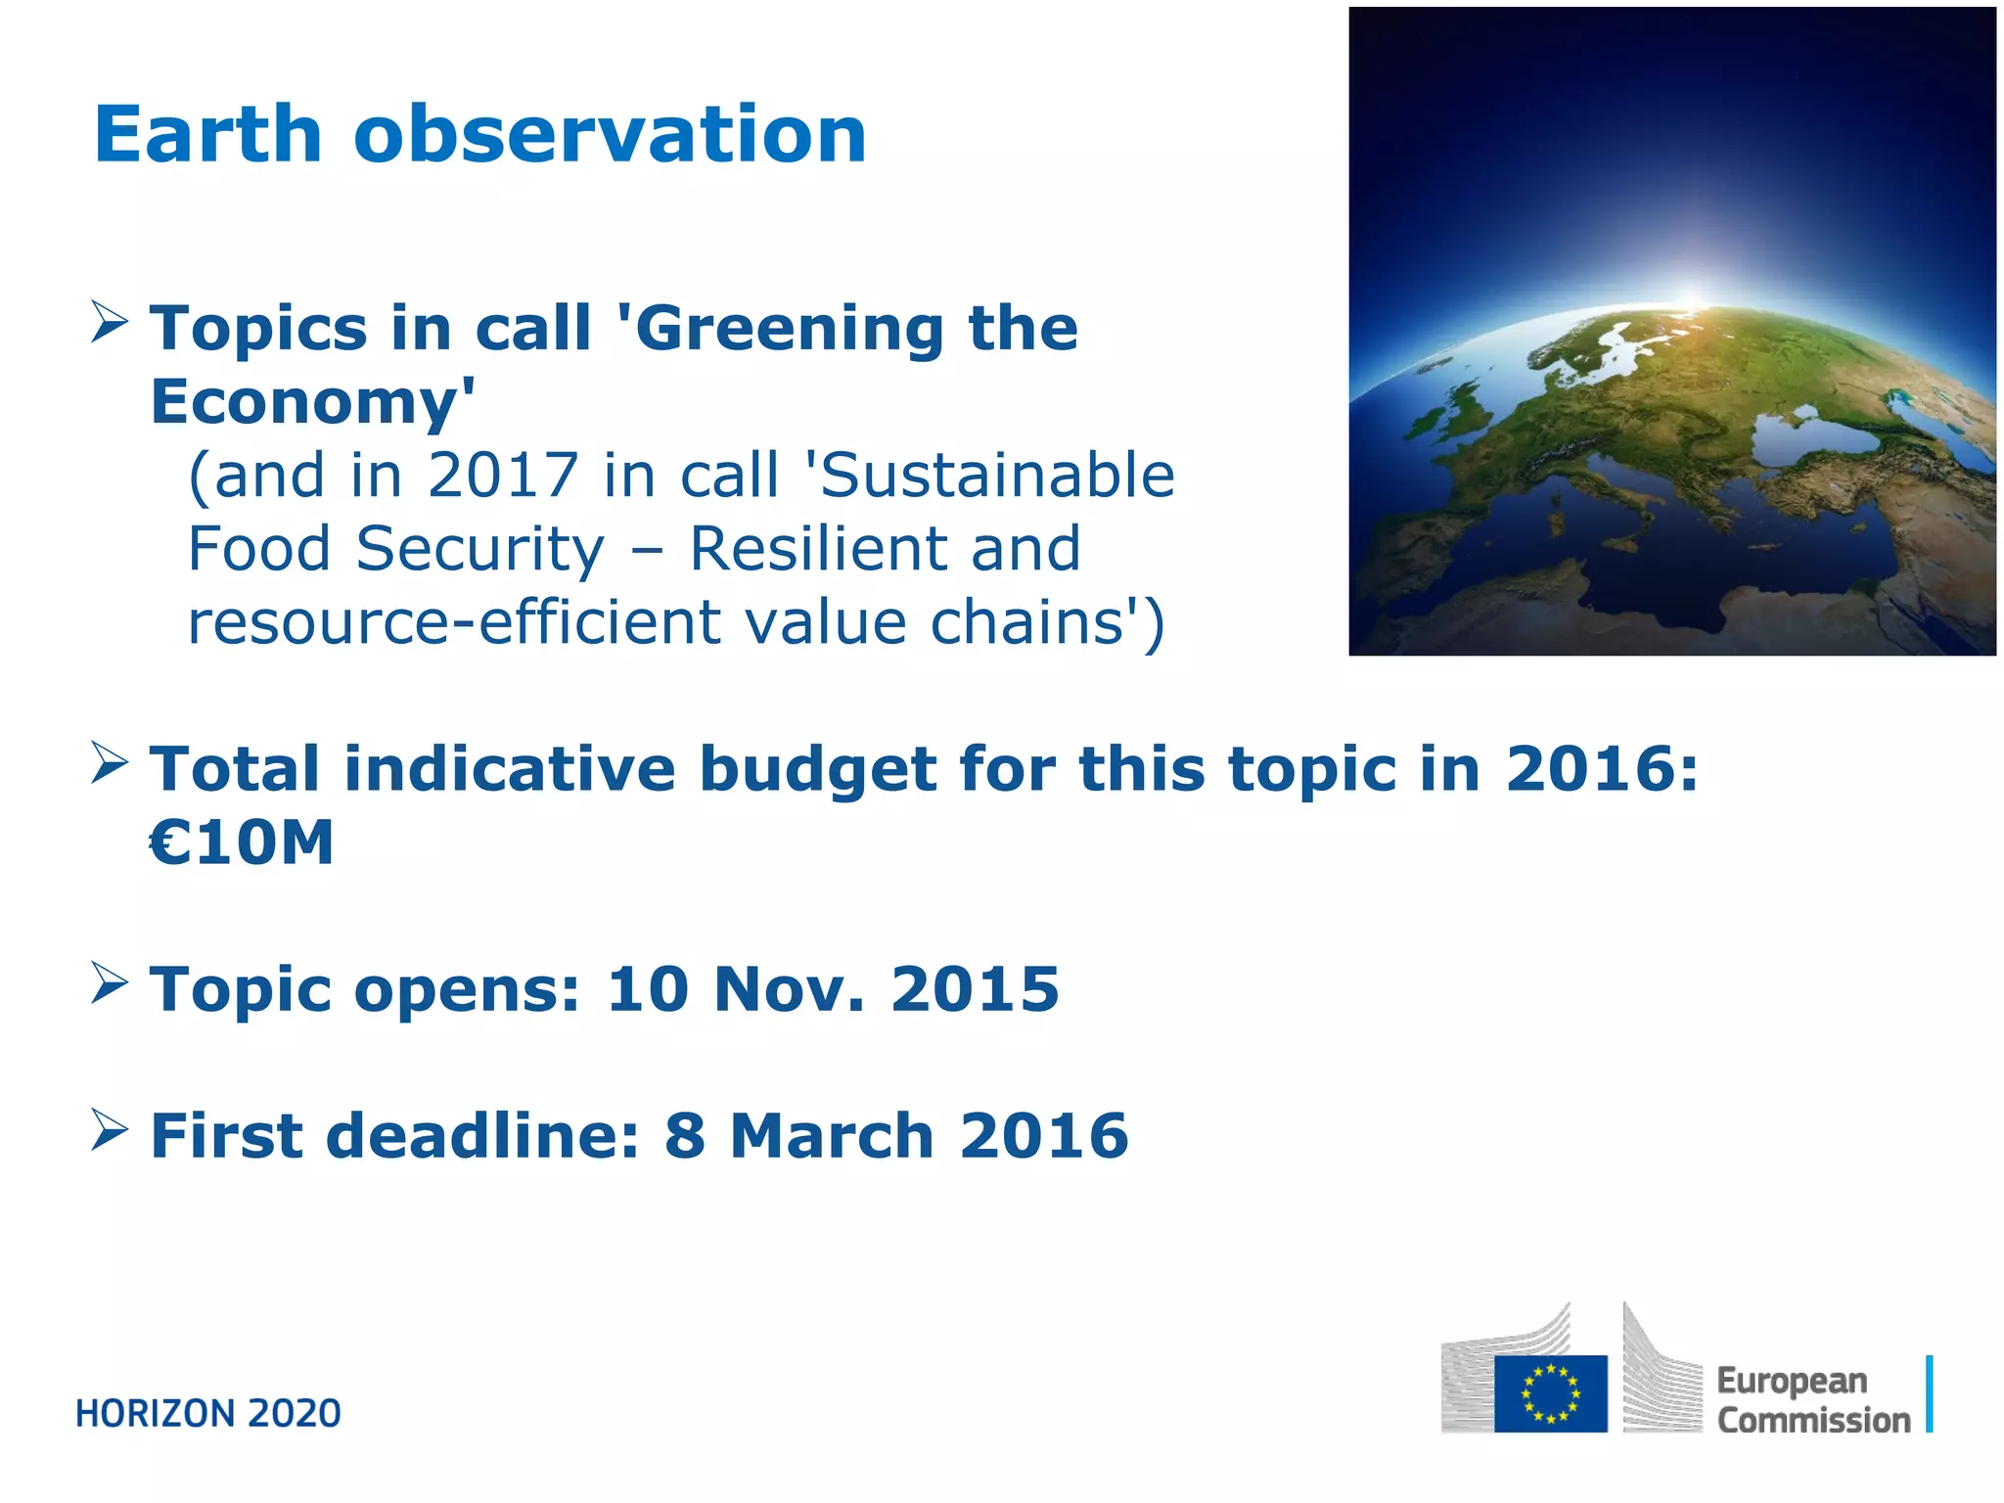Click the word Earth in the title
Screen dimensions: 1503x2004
(x=207, y=135)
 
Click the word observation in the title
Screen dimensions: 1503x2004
(x=610, y=135)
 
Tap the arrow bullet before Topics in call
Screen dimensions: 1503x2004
(x=109, y=322)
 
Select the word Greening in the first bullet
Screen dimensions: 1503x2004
(x=789, y=329)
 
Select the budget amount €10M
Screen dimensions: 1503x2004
(x=242, y=843)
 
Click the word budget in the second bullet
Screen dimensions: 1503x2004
(x=818, y=769)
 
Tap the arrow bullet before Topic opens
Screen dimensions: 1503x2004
(x=109, y=982)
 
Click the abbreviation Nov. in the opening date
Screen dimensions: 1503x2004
(x=790, y=989)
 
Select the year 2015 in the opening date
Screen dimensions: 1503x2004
(x=975, y=989)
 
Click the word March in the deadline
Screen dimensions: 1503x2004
(x=831, y=1136)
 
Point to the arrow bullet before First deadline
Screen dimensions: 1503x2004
(x=109, y=1129)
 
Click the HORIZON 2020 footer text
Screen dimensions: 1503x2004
(x=208, y=1414)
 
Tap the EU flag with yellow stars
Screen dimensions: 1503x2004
(x=1550, y=1393)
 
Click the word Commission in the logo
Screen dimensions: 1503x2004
(x=1813, y=1420)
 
